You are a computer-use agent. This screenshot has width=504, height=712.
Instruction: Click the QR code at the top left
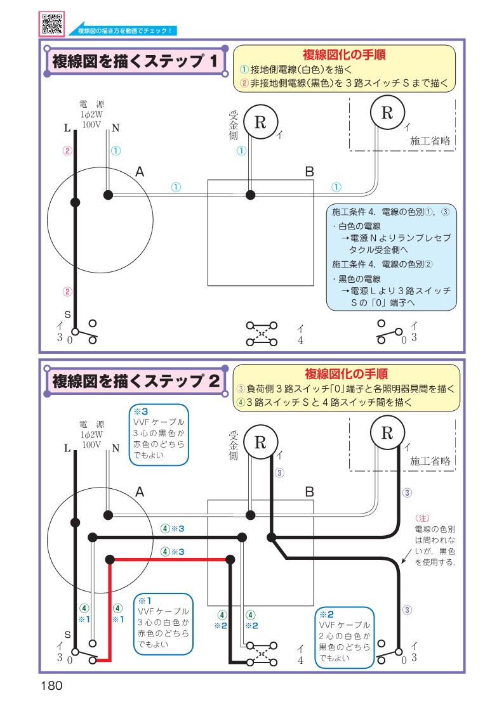pos(53,23)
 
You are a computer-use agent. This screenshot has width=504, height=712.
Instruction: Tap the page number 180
pos(52,685)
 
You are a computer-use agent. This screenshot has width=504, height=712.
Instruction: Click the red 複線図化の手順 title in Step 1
pos(345,55)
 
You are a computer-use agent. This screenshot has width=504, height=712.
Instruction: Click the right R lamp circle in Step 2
pos(387,433)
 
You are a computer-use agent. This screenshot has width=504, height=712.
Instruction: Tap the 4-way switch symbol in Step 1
pos(262,334)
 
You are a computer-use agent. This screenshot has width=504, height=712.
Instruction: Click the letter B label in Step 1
pos(309,172)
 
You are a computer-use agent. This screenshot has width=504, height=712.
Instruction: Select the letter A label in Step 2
pos(140,492)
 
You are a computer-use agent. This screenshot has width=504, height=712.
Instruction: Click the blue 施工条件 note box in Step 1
pos(392,257)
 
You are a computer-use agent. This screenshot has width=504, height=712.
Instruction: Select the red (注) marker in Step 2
pos(422,517)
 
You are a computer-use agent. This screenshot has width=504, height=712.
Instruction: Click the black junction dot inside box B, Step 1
pos(251,194)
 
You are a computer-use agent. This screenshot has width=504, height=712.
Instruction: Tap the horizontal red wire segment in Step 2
pos(169,559)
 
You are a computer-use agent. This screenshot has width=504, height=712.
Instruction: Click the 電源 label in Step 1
pos(91,104)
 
